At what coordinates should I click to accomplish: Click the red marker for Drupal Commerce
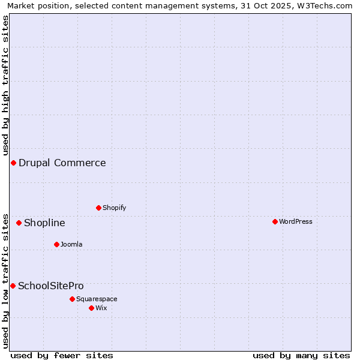(13, 163)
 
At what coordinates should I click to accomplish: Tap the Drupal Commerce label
(62, 163)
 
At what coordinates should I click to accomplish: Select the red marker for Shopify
(98, 208)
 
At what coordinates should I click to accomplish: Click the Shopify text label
(114, 208)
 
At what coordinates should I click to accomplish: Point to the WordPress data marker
(275, 221)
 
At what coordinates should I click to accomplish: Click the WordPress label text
(295, 221)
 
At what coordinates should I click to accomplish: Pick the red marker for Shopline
(19, 223)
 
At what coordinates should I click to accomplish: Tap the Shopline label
(44, 223)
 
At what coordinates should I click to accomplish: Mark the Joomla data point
(56, 244)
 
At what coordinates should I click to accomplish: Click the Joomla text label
(71, 244)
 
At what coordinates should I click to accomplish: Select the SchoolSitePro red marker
(13, 286)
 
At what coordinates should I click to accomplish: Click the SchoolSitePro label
(51, 286)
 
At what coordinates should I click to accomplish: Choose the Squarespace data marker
(72, 299)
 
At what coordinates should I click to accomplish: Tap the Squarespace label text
(97, 299)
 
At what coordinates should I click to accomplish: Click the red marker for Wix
(91, 308)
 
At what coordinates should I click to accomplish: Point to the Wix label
(101, 308)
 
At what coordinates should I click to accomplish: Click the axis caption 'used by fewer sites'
(62, 355)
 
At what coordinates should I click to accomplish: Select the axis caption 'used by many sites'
(301, 355)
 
